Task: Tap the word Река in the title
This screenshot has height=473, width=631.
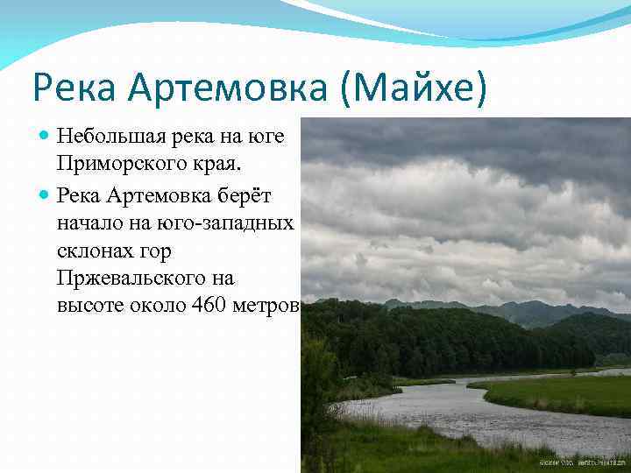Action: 76,89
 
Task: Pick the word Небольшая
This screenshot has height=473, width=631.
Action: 108,137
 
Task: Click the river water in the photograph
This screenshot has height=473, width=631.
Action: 438,407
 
